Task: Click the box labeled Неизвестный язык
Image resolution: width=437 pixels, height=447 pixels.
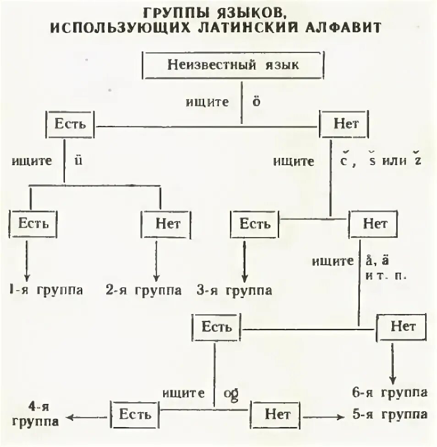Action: [233, 65]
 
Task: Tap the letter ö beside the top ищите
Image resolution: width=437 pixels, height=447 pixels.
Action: [256, 102]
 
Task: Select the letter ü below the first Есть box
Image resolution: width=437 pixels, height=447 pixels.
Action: [78, 161]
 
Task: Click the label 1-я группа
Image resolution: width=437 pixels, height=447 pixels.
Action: [46, 291]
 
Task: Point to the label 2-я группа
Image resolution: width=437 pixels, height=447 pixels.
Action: [144, 291]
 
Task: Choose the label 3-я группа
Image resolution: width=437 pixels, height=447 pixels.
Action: [235, 291]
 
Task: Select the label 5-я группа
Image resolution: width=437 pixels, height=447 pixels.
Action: [390, 414]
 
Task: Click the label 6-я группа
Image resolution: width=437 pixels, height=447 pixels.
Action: [390, 393]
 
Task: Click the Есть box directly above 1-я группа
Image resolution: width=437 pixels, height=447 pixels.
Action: [33, 224]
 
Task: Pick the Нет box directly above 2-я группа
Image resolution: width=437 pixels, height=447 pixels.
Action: [168, 224]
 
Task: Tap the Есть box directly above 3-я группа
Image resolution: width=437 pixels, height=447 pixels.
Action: [255, 224]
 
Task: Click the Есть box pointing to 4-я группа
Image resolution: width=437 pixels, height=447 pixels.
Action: [135, 414]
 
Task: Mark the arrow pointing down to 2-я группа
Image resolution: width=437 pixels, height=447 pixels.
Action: [156, 262]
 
